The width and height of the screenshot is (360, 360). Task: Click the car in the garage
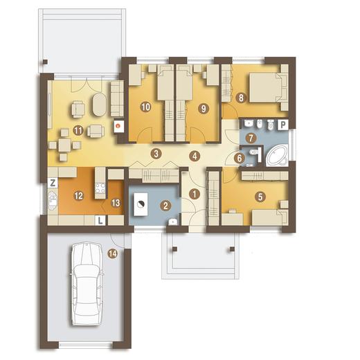(x=87, y=284)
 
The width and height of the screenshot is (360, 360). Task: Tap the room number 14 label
(x=113, y=254)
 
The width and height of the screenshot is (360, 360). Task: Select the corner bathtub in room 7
(x=277, y=155)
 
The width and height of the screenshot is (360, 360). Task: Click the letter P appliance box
(x=283, y=125)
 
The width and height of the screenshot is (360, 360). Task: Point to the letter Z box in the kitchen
(x=53, y=183)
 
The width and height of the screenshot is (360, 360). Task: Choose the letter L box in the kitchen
(x=100, y=221)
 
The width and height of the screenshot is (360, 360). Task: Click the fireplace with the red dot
(x=119, y=127)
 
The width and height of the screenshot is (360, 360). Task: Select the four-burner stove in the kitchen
(x=100, y=188)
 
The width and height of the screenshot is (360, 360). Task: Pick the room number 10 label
(x=146, y=107)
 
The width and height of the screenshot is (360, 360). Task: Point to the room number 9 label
(x=204, y=109)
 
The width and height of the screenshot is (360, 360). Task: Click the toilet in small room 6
(x=254, y=152)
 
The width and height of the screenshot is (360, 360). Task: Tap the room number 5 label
(x=260, y=197)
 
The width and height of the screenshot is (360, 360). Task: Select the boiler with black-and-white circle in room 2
(x=141, y=204)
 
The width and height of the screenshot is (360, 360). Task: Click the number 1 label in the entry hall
(x=195, y=194)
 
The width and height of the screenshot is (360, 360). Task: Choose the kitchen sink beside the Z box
(x=53, y=199)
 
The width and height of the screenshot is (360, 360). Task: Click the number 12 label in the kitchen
(x=78, y=196)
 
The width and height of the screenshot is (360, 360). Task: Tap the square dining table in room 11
(x=64, y=145)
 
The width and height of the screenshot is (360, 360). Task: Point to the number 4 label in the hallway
(x=195, y=156)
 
